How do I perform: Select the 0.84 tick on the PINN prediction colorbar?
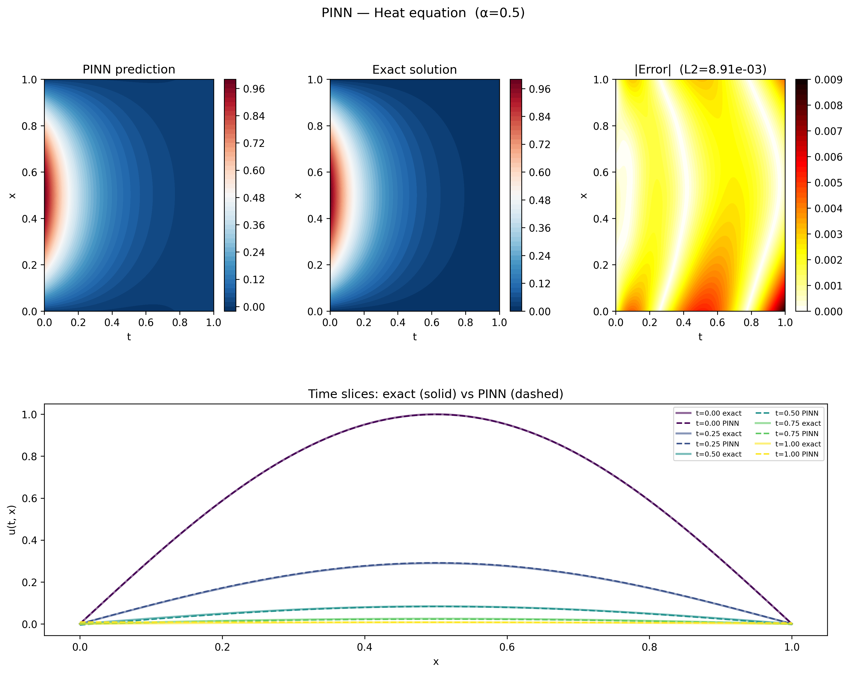tap(254, 116)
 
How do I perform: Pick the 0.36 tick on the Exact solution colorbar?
tap(539, 228)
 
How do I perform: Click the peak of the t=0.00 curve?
tap(436, 414)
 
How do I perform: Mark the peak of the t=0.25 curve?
tap(436, 563)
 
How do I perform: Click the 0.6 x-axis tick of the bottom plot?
tap(507, 648)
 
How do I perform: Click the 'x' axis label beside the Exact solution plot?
tap(298, 196)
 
